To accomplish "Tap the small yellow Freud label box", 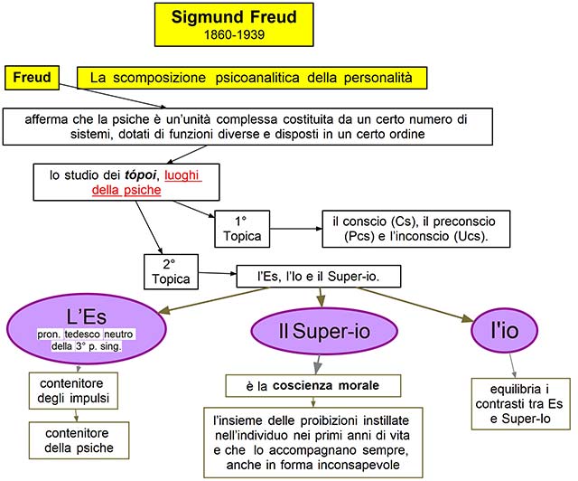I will [x=32, y=78].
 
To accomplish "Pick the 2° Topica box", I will [x=172, y=270].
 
